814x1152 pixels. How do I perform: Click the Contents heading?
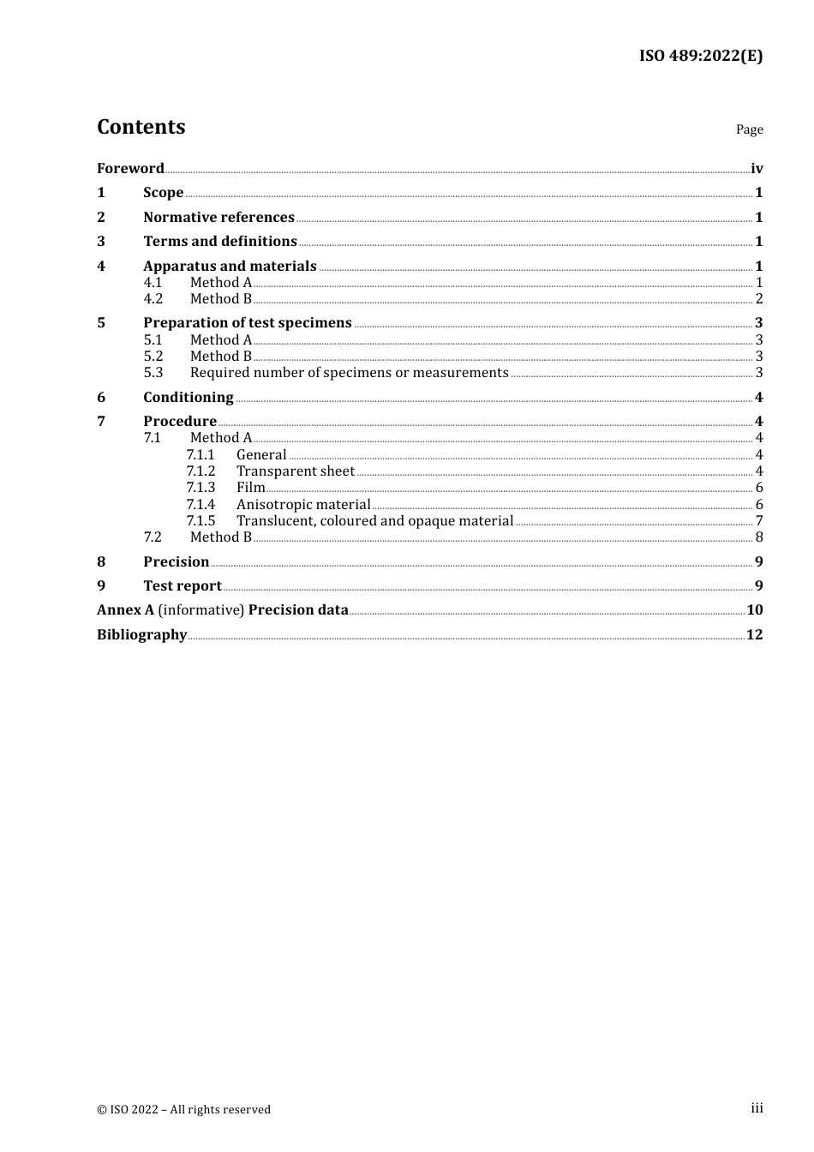pyautogui.click(x=141, y=127)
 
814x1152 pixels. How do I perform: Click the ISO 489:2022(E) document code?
pyautogui.click(x=700, y=56)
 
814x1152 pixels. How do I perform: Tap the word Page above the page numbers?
pyautogui.click(x=749, y=129)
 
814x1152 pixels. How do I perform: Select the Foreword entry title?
pyautogui.click(x=130, y=168)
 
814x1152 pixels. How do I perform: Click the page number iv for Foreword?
pyautogui.click(x=757, y=168)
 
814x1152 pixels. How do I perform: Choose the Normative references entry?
pyautogui.click(x=218, y=217)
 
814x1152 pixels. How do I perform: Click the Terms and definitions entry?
pyautogui.click(x=220, y=241)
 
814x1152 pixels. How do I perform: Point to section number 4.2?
pyautogui.click(x=153, y=298)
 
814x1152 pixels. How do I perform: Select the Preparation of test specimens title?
pyautogui.click(x=248, y=322)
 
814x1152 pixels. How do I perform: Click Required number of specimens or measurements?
pyautogui.click(x=349, y=372)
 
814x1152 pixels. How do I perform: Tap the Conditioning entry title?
pyautogui.click(x=189, y=397)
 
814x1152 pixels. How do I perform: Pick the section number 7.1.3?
pyautogui.click(x=201, y=487)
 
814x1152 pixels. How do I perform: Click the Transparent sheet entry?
pyautogui.click(x=296, y=471)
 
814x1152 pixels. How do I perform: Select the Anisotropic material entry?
pyautogui.click(x=303, y=504)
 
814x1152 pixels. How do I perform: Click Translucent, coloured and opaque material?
pyautogui.click(x=374, y=520)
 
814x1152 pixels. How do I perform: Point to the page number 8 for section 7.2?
pyautogui.click(x=759, y=537)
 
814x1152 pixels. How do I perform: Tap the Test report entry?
pyautogui.click(x=183, y=585)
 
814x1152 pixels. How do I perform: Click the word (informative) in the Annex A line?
pyautogui.click(x=201, y=609)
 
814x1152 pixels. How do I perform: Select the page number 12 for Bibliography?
pyautogui.click(x=754, y=634)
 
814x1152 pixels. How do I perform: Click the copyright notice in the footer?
pyautogui.click(x=183, y=1109)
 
